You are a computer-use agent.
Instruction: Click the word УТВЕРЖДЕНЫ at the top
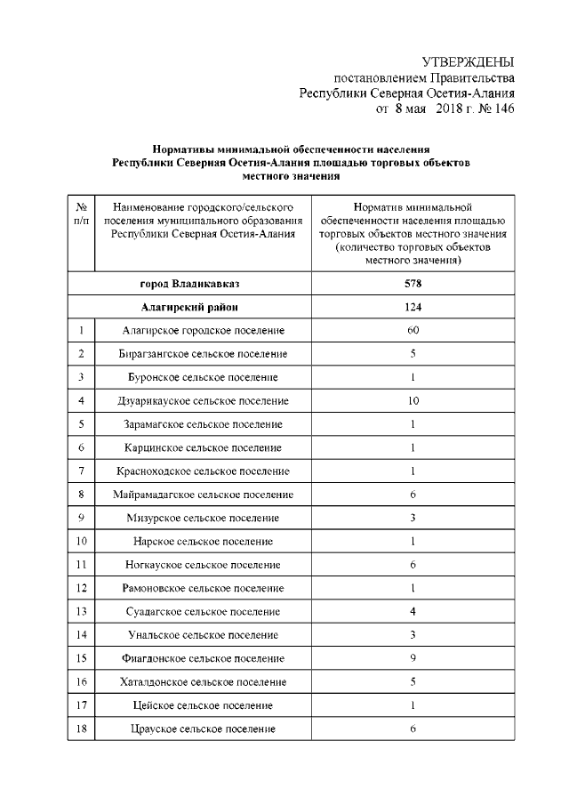click(469, 62)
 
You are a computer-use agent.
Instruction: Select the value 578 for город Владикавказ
click(412, 284)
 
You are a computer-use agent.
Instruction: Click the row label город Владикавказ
click(189, 284)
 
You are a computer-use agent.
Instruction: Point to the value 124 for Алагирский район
click(412, 308)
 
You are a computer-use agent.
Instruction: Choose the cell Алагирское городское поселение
click(203, 331)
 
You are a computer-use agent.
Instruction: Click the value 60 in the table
click(412, 331)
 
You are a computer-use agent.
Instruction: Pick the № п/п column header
click(81, 213)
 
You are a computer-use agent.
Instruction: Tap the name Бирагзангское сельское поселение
click(203, 354)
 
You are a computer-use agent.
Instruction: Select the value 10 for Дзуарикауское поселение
click(412, 400)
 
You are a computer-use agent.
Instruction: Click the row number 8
click(81, 494)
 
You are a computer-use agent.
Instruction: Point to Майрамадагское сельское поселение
click(203, 494)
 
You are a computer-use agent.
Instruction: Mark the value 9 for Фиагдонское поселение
click(412, 657)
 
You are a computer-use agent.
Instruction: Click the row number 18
click(81, 729)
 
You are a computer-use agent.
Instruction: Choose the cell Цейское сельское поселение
click(203, 705)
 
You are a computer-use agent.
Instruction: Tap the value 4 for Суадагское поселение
click(412, 611)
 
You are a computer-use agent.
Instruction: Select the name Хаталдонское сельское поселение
click(203, 681)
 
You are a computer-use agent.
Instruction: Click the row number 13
click(81, 611)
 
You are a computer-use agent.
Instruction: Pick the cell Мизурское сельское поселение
click(203, 518)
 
